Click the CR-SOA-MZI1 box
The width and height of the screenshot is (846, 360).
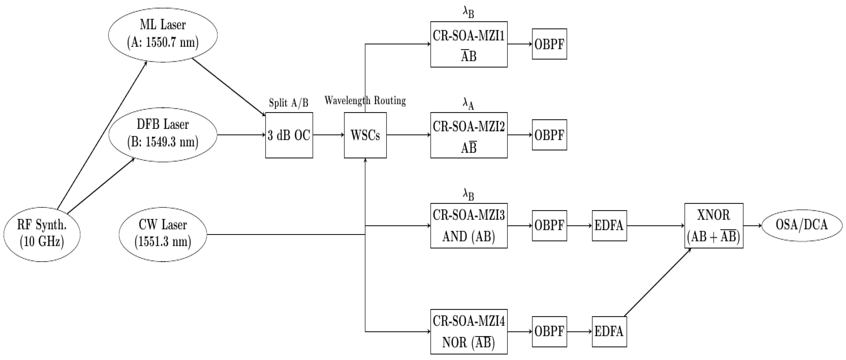tap(469, 44)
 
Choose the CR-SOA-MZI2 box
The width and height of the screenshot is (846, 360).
tap(469, 135)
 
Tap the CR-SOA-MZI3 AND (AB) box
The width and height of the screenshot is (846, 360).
tap(469, 226)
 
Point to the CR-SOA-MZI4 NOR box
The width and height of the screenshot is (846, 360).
tap(469, 331)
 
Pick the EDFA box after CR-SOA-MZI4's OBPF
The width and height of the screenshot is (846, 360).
tap(609, 331)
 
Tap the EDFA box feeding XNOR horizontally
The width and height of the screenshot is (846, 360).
tap(609, 226)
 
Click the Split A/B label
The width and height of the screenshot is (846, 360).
tap(288, 103)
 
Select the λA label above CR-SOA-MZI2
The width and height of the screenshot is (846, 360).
tap(468, 104)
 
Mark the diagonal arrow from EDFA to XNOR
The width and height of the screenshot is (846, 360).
tap(657, 282)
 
